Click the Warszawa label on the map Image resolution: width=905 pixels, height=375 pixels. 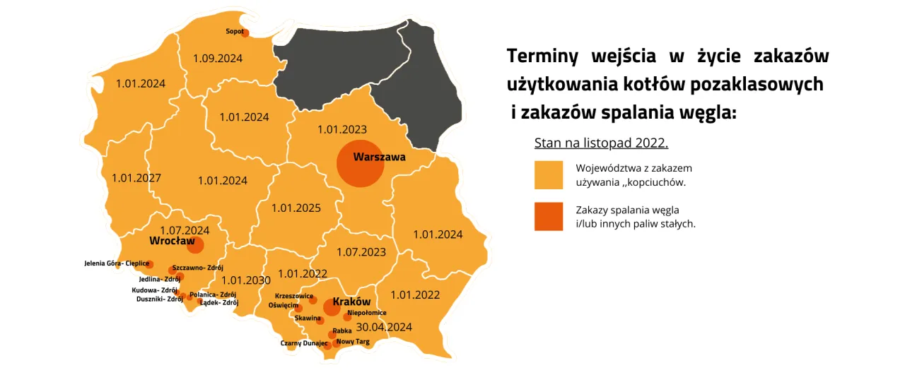(379, 157)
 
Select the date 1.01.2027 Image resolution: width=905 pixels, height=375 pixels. (136, 178)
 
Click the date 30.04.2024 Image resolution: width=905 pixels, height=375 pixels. (384, 327)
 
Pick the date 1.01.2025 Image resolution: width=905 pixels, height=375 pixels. (296, 208)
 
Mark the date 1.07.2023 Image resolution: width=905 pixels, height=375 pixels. (361, 251)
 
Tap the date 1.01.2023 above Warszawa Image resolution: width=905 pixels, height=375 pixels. (342, 129)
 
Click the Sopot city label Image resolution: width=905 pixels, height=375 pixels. (235, 31)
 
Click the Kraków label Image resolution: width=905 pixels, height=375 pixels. (351, 302)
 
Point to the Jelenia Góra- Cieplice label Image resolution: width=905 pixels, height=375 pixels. (117, 263)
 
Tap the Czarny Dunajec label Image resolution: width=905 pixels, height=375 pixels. (304, 343)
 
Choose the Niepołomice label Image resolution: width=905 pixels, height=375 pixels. (366, 312)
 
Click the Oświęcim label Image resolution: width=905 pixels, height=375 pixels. (283, 305)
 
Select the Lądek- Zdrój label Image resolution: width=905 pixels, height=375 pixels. (219, 302)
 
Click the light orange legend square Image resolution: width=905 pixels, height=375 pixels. (549, 175)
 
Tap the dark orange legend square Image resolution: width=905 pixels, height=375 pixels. (549, 217)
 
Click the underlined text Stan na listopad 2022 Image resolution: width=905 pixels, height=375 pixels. (601, 143)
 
